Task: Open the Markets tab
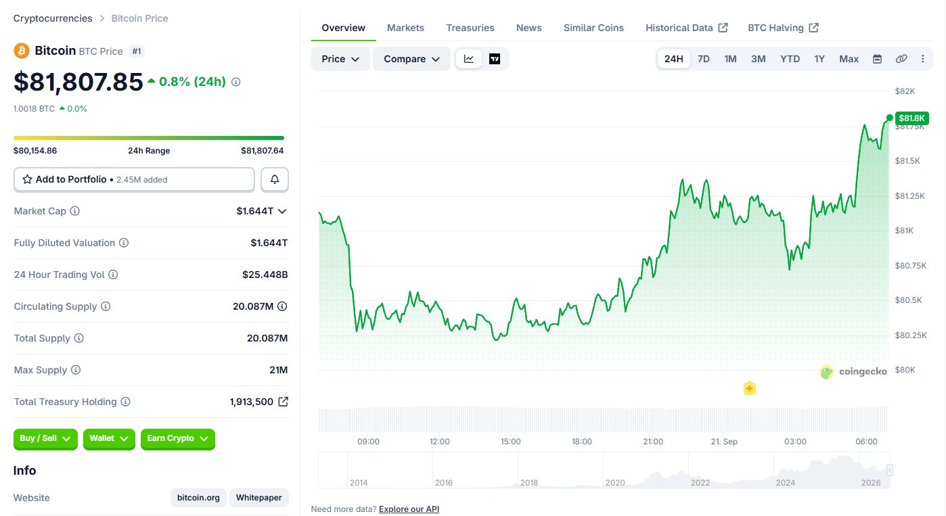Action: coord(405,28)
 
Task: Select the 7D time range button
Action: coord(703,59)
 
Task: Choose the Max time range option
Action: coord(849,59)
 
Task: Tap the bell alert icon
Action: coord(275,179)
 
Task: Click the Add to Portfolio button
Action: coord(134,179)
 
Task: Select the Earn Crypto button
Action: coord(178,439)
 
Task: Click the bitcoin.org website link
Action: coord(198,498)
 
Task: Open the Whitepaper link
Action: coord(259,498)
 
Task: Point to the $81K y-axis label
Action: coord(904,231)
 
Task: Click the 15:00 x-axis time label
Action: coord(511,442)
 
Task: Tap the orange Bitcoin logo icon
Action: coord(22,51)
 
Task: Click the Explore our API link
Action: coord(409,509)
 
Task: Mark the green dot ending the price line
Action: coord(889,118)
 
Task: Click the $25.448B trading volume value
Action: coord(265,275)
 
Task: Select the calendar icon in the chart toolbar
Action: coord(877,59)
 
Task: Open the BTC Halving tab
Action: coord(783,28)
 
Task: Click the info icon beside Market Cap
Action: coord(74,211)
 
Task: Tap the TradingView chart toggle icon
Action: coord(495,59)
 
